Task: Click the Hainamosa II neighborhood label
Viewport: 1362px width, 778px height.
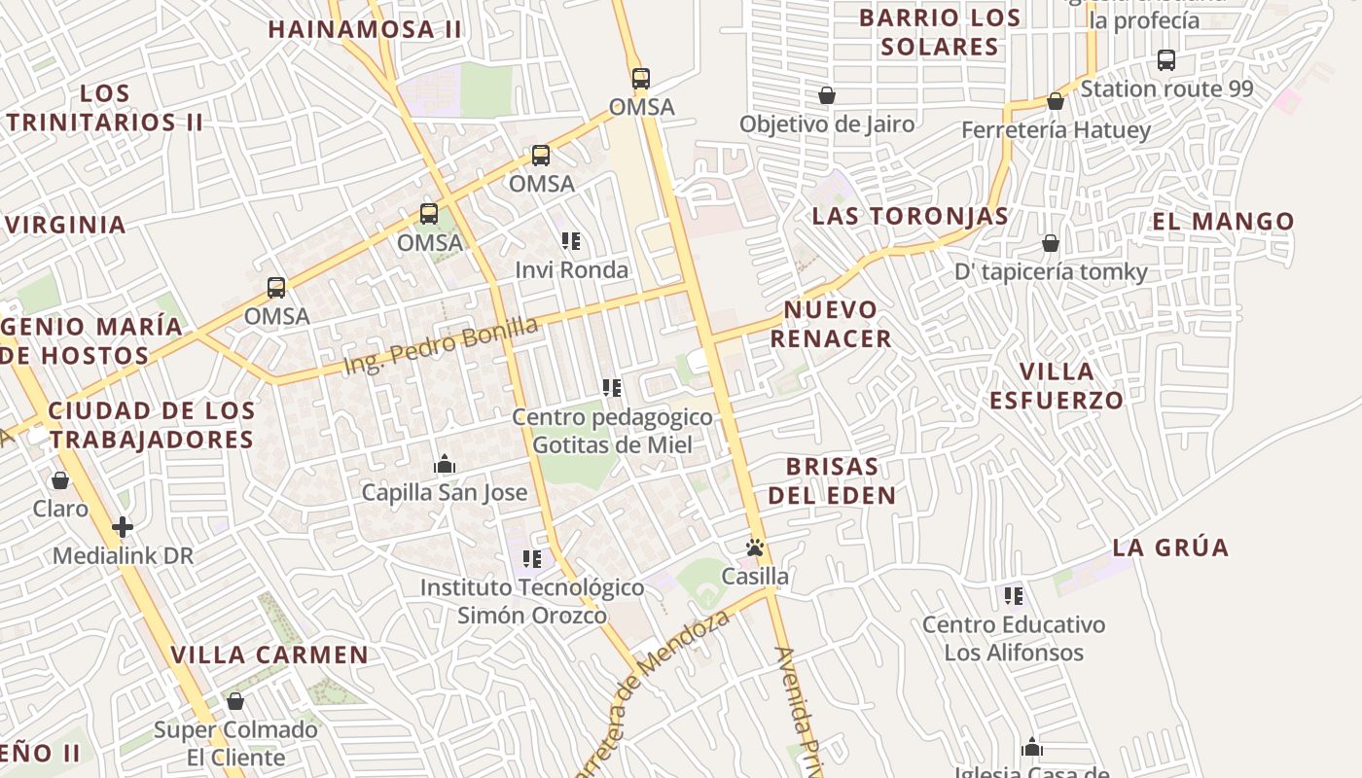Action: coord(365,29)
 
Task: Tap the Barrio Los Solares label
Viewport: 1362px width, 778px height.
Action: coord(940,32)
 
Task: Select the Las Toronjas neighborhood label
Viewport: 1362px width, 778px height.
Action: coord(911,216)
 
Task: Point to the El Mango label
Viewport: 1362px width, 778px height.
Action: coord(1223,222)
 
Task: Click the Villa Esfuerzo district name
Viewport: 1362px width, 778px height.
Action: coord(1057,385)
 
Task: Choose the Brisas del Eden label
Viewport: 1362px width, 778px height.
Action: coord(832,480)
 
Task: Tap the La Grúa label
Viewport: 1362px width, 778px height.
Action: coord(1170,548)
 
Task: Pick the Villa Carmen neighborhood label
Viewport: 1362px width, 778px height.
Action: coord(269,654)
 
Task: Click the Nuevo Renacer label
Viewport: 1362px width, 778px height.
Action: coord(830,324)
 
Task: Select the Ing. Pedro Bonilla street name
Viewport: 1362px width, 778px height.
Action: coord(441,346)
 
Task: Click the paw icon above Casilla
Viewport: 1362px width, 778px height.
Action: coord(755,548)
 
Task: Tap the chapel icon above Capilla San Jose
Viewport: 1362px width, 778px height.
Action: coord(445,464)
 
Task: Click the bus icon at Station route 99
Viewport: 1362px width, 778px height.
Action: coord(1166,60)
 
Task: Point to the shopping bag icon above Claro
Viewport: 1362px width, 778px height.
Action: coord(60,480)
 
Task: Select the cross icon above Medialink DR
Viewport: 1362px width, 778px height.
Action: coord(123,527)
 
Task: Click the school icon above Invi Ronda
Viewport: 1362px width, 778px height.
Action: coord(571,241)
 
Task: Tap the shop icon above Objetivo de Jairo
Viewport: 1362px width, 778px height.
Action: coord(827,95)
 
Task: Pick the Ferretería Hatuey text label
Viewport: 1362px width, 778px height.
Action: coord(1056,129)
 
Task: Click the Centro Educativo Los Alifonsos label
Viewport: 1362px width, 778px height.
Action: coord(1014,638)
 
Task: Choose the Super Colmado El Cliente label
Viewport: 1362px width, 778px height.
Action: coord(235,743)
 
